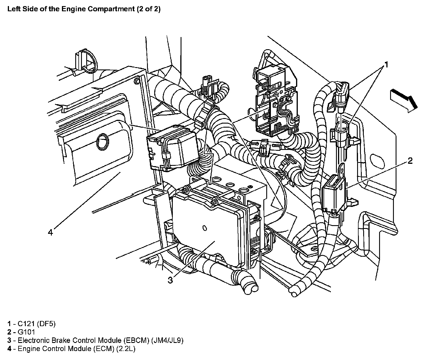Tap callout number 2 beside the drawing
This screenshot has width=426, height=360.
pyautogui.click(x=410, y=161)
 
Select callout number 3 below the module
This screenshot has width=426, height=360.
pyautogui.click(x=170, y=280)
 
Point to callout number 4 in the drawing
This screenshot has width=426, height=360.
pyautogui.click(x=51, y=232)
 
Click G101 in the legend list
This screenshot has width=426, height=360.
pyautogui.click(x=26, y=332)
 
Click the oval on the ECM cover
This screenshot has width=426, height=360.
pyautogui.click(x=102, y=141)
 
